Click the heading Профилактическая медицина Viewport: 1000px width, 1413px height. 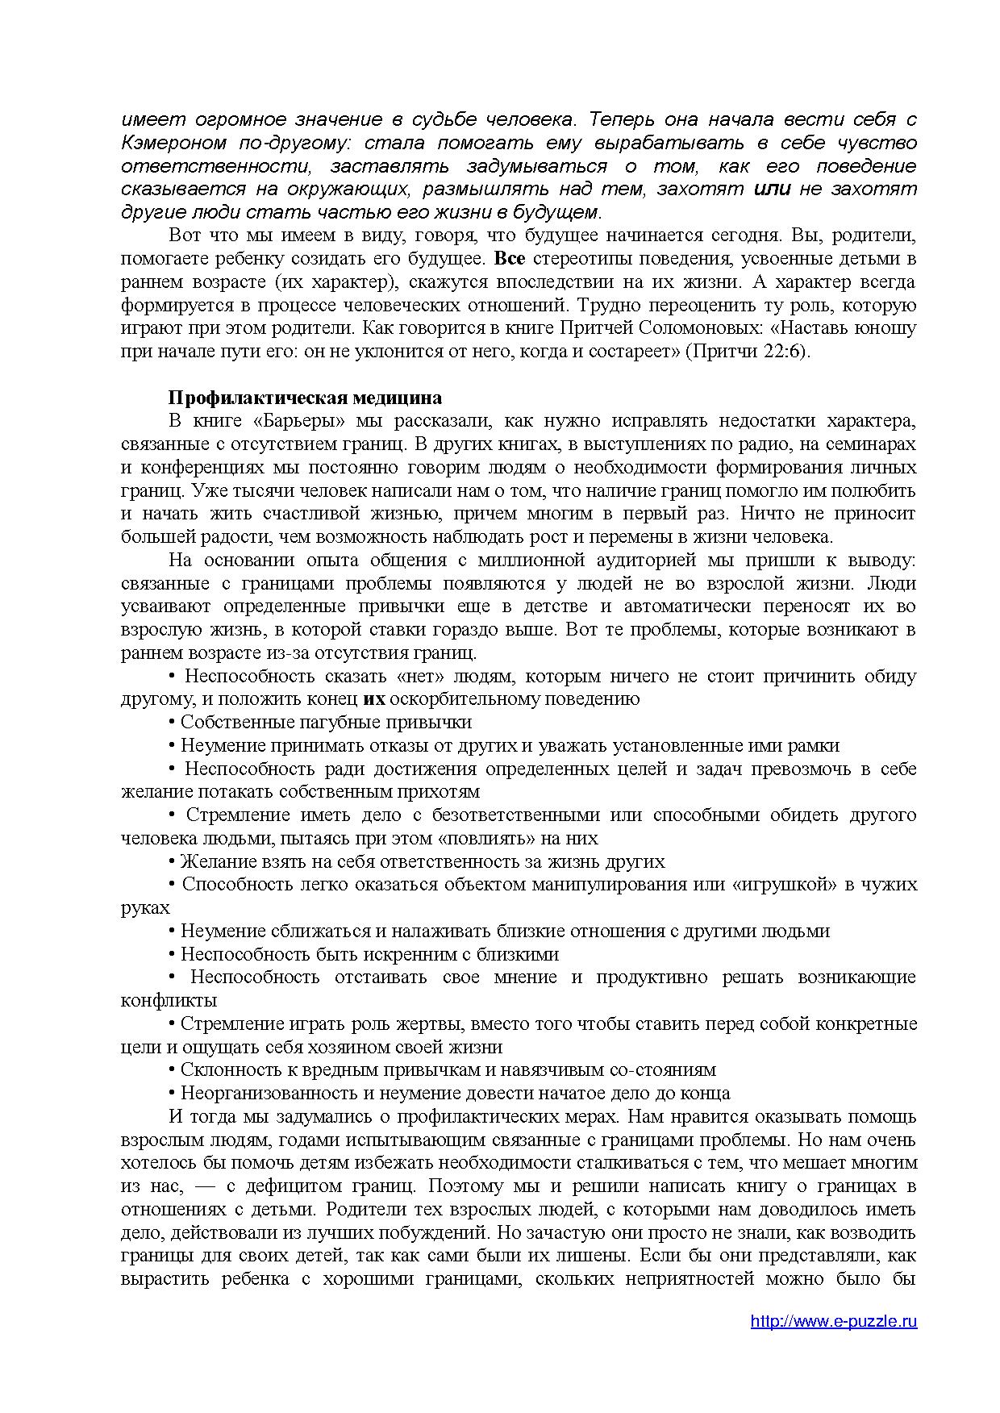coord(305,398)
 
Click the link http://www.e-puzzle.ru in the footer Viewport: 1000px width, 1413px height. coord(833,1321)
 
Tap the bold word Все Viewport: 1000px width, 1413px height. coord(509,259)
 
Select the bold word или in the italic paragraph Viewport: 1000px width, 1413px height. coord(773,189)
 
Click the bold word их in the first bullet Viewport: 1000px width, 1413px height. coord(374,699)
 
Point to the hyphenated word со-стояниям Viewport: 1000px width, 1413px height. coord(662,1070)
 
